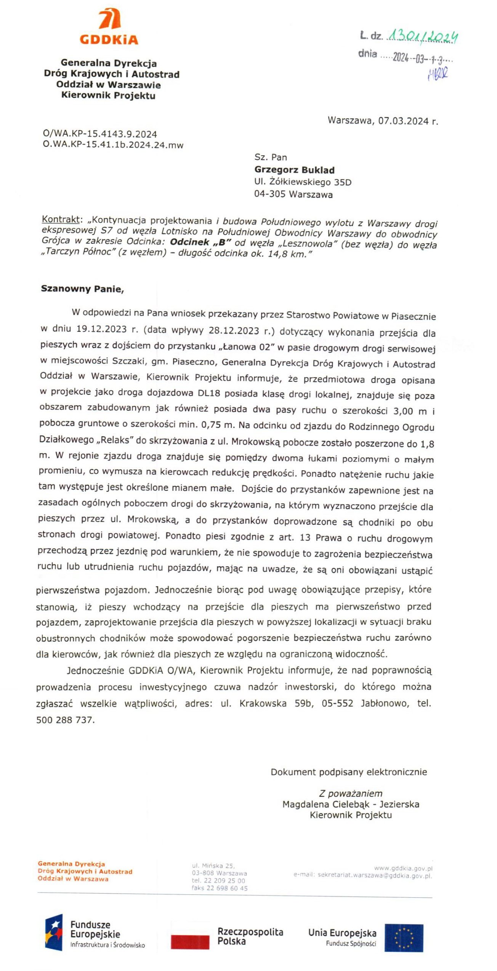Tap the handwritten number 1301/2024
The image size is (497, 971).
tap(422, 37)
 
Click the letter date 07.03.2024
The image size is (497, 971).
tap(403, 121)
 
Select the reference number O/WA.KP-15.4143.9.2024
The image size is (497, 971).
tap(100, 134)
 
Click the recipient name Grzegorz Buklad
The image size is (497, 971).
tap(294, 170)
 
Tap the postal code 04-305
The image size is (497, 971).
tap(269, 195)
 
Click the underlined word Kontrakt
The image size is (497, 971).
tap(61, 220)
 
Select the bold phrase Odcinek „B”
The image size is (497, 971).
tap(200, 242)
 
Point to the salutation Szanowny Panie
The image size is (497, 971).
tap(82, 289)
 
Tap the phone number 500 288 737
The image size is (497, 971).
tap(64, 720)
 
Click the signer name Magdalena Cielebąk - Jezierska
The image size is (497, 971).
tap(351, 804)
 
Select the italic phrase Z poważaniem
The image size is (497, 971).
tap(351, 794)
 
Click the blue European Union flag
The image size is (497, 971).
tap(404, 938)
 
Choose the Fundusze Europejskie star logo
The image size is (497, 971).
tap(54, 933)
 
